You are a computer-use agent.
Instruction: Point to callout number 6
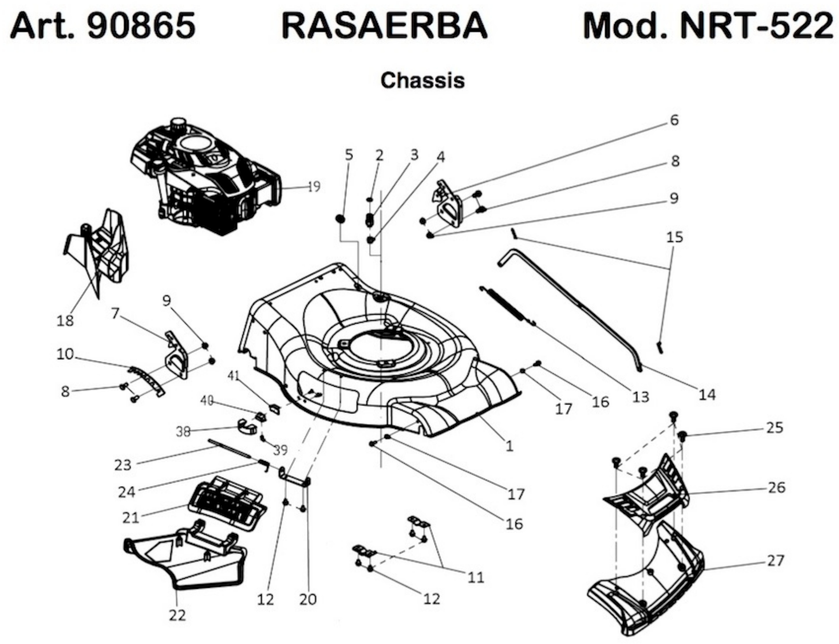[x=674, y=120]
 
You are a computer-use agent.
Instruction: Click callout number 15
[x=674, y=237]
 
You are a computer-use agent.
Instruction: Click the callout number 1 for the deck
[x=509, y=446]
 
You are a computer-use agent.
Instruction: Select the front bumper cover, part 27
[x=648, y=583]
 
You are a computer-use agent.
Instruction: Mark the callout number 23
[x=123, y=465]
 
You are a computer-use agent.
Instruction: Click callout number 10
[x=65, y=354]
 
